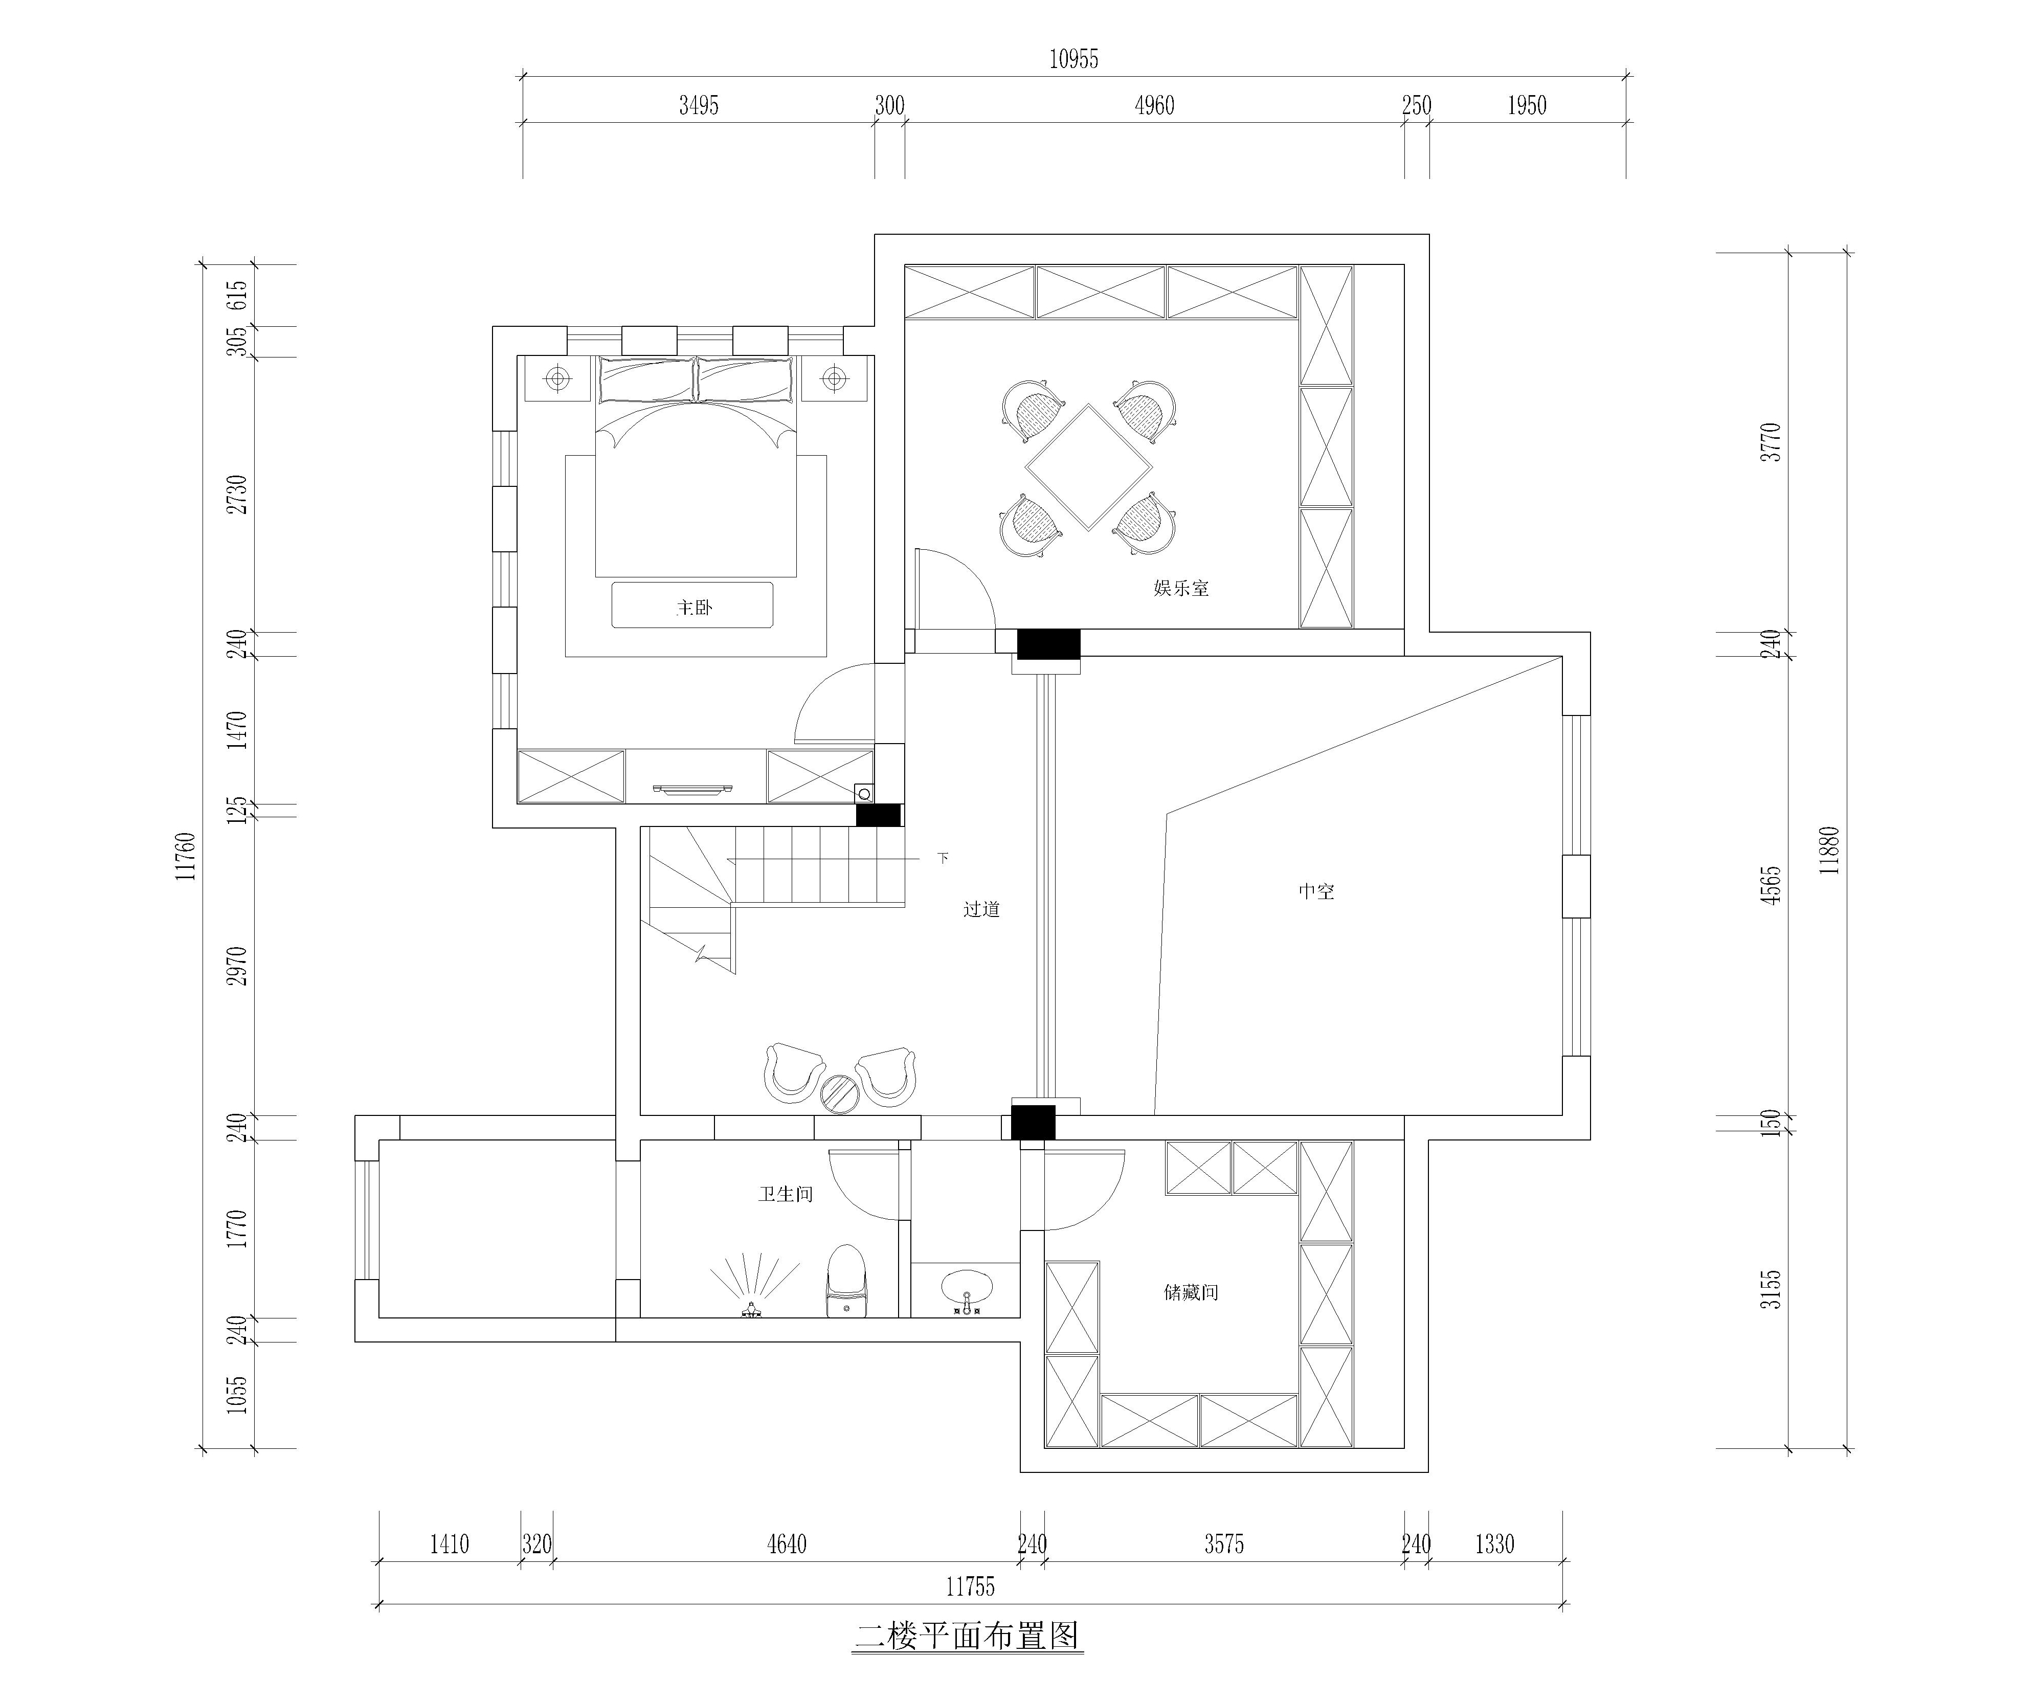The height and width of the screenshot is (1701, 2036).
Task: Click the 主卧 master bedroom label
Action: click(x=694, y=608)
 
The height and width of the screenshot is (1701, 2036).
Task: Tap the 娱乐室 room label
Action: click(x=1181, y=588)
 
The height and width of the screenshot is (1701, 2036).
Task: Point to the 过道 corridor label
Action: click(x=981, y=909)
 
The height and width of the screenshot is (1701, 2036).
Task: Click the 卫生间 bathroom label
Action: click(x=786, y=1194)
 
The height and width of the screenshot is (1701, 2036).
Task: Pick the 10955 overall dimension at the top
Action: click(x=1074, y=59)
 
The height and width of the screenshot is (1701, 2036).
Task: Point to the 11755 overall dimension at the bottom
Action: click(x=971, y=1586)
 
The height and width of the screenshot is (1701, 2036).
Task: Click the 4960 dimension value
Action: click(x=1155, y=106)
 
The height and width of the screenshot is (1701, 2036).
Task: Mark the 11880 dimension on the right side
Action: click(x=1828, y=851)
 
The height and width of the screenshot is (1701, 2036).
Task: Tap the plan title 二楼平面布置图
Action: click(x=968, y=1636)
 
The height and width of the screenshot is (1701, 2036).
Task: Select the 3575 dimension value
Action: click(x=1224, y=1544)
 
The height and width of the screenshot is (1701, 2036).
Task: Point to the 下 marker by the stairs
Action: click(x=943, y=857)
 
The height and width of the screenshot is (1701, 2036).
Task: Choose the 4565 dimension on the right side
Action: click(x=1771, y=885)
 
